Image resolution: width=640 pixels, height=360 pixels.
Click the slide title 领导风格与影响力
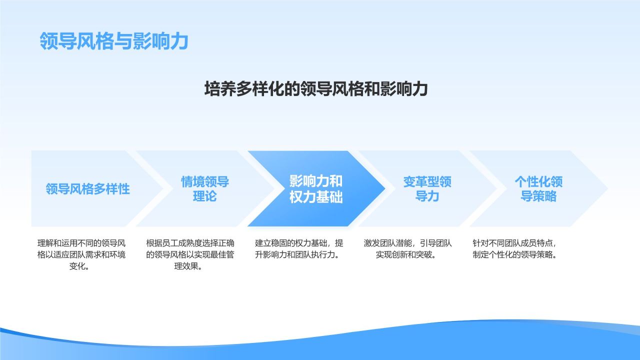(x=113, y=41)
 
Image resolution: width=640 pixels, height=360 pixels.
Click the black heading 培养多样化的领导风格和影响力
(x=316, y=89)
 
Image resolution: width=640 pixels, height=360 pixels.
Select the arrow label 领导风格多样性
(x=87, y=189)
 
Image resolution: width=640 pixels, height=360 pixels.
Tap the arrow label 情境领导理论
(x=205, y=189)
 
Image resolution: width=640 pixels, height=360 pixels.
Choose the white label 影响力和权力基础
(x=316, y=189)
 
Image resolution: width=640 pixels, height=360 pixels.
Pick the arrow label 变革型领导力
(x=427, y=189)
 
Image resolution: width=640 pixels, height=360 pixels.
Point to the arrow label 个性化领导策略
(x=538, y=189)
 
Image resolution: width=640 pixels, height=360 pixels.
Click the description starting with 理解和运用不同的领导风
(x=81, y=254)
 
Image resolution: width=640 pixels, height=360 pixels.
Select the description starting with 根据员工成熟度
(x=190, y=254)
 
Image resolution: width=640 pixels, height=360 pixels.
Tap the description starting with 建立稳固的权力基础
(x=299, y=249)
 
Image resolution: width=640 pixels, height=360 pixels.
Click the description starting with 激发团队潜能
(x=408, y=249)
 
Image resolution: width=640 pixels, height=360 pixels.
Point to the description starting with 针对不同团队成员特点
(x=514, y=249)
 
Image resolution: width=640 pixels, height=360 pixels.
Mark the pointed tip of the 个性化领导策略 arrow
(x=606, y=189)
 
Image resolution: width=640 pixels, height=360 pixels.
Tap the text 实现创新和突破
(x=405, y=255)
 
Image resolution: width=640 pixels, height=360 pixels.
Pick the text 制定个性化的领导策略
(x=515, y=255)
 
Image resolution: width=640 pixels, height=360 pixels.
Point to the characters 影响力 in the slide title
(x=160, y=41)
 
